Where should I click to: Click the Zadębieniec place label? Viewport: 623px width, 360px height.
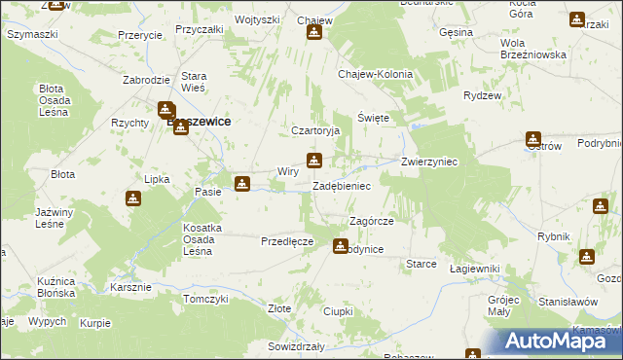tap(341, 185)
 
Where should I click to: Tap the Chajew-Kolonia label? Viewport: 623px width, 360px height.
tap(375, 74)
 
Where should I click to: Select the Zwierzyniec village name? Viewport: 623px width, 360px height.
tap(429, 162)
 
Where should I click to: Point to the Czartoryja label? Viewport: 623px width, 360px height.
tap(314, 130)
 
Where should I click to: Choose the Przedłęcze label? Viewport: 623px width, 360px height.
tap(286, 240)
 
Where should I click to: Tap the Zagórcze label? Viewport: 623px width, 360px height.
tap(371, 222)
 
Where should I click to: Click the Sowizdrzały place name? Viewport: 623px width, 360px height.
tap(295, 346)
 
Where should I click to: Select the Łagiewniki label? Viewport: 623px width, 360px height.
tap(475, 269)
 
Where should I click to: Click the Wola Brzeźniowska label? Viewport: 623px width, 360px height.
tap(532, 49)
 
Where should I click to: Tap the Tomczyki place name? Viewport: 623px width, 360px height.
tap(204, 299)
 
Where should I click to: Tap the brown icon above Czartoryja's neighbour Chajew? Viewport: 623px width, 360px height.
tap(314, 32)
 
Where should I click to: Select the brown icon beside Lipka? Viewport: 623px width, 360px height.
tap(133, 199)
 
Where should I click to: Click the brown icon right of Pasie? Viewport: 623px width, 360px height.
tap(242, 182)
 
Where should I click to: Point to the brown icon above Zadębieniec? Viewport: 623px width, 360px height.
tap(313, 161)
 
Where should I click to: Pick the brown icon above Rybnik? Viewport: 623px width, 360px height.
tap(601, 206)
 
